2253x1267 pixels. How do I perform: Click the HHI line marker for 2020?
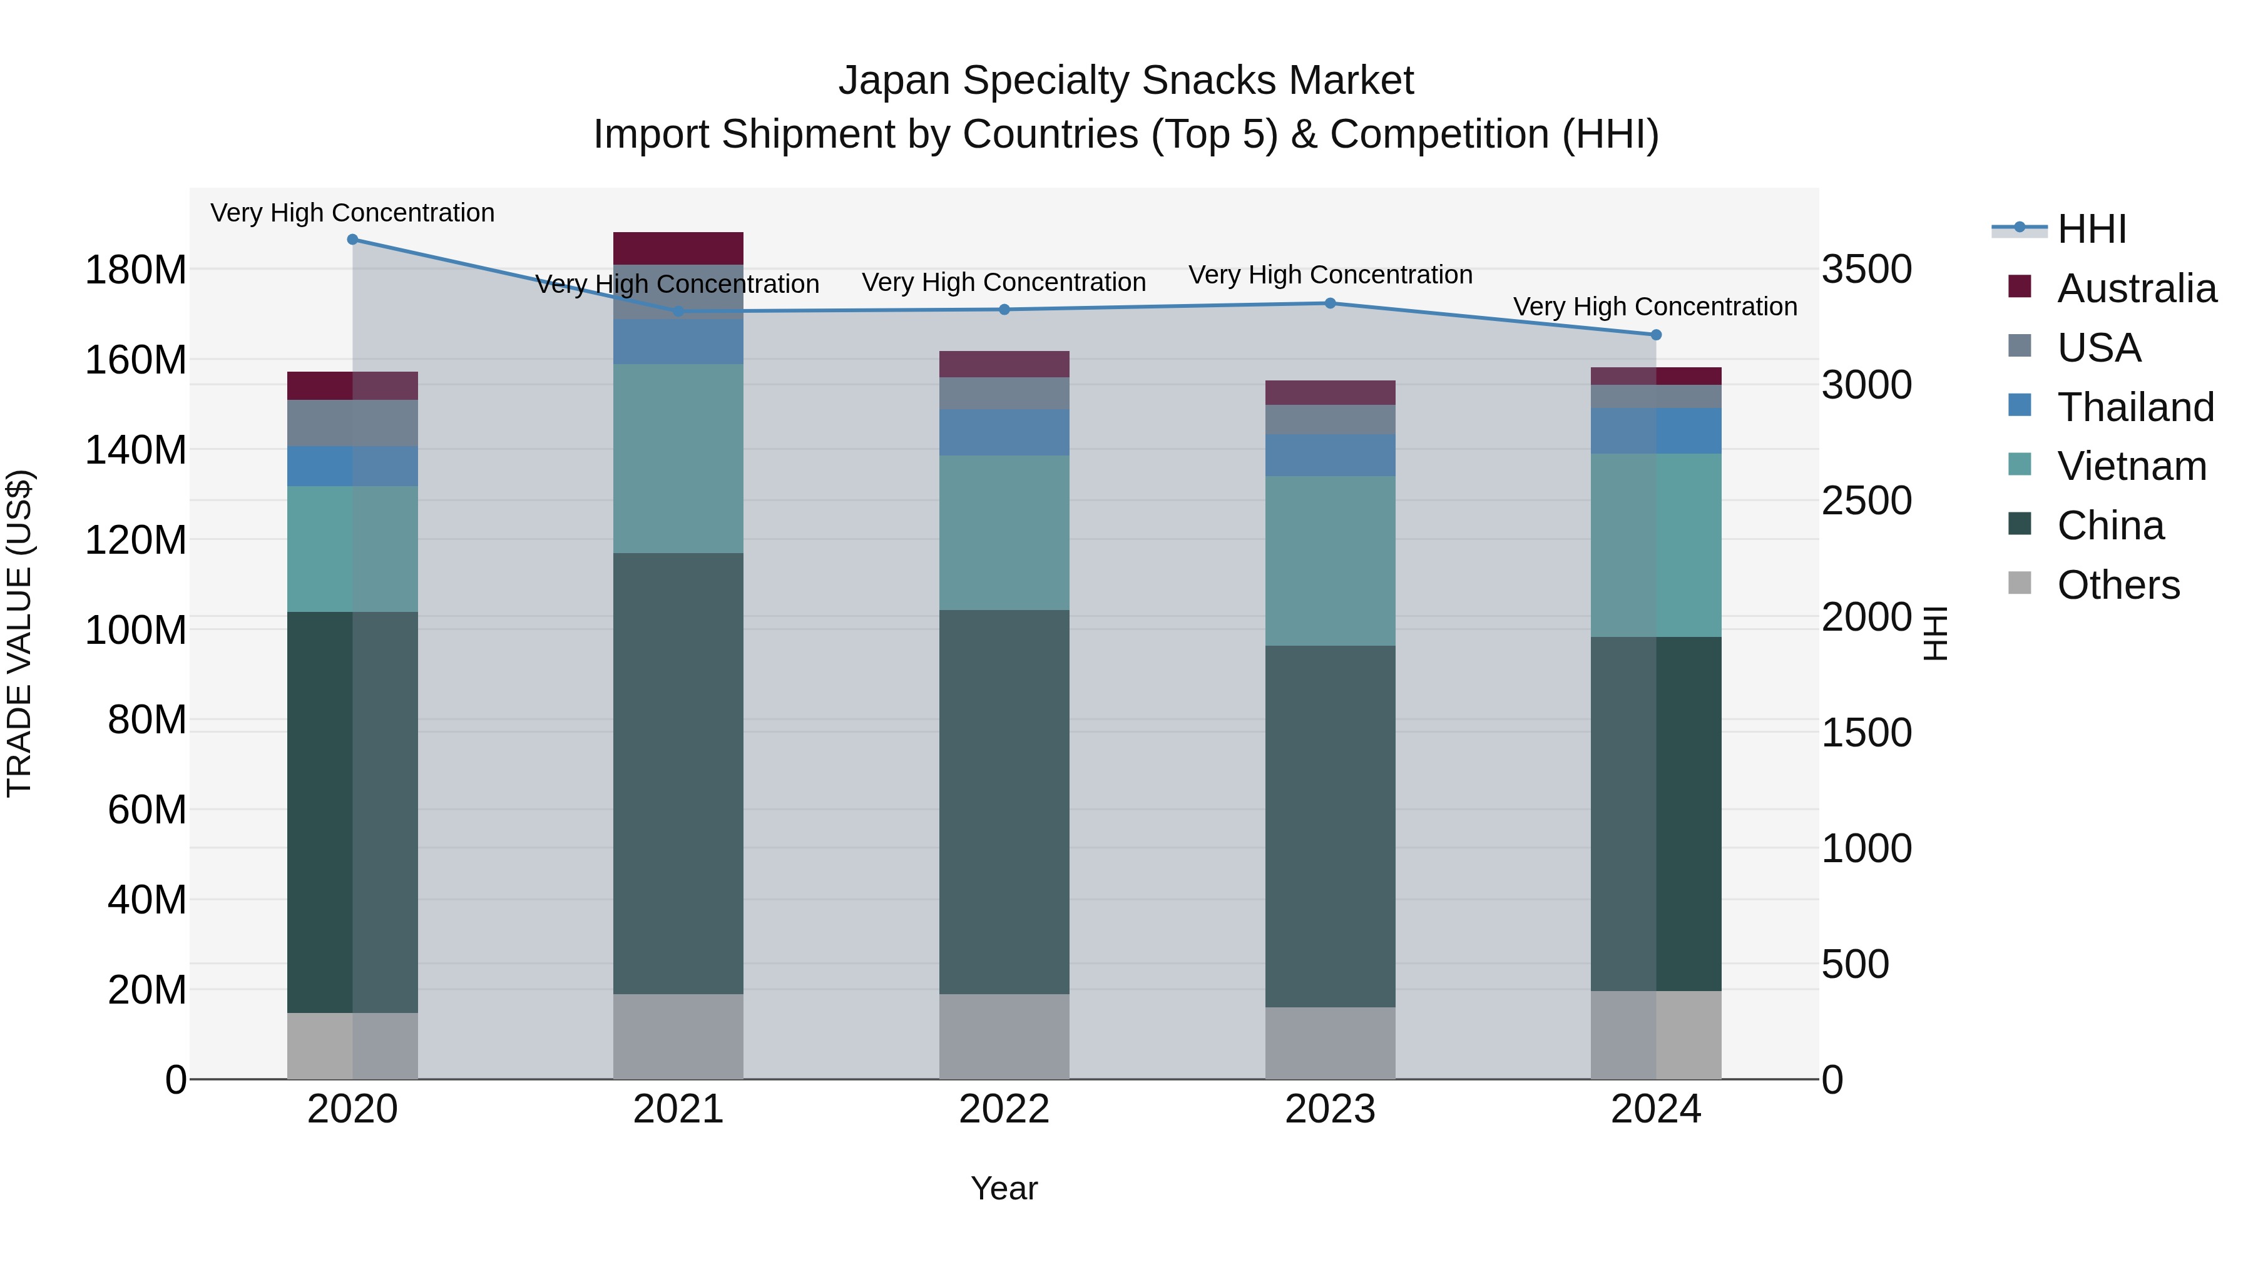pos(352,240)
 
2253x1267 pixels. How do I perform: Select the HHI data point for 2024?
pos(1655,335)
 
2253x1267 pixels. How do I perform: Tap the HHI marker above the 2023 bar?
pos(1331,303)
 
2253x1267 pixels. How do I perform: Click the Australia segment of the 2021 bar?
pos(678,248)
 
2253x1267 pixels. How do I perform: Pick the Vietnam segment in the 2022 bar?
pos(1004,532)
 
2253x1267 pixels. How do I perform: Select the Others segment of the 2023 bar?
pos(1331,1043)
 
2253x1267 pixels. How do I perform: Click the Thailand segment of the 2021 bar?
pos(678,342)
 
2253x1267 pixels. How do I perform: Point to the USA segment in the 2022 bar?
pos(1004,394)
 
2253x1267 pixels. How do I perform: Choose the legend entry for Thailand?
pos(2135,407)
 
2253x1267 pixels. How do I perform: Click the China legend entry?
pos(2110,526)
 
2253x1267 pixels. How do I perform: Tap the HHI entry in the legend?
pos(2090,229)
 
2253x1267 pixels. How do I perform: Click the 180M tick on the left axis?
pos(136,270)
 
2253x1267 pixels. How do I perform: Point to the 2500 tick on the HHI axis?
pos(1866,501)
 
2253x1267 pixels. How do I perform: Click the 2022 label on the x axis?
pos(1004,1109)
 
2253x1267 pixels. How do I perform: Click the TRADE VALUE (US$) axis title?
pos(19,633)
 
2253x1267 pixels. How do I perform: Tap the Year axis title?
pos(1004,1188)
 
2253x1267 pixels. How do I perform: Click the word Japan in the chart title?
pos(895,81)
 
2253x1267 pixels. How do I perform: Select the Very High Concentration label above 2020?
pos(352,213)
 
